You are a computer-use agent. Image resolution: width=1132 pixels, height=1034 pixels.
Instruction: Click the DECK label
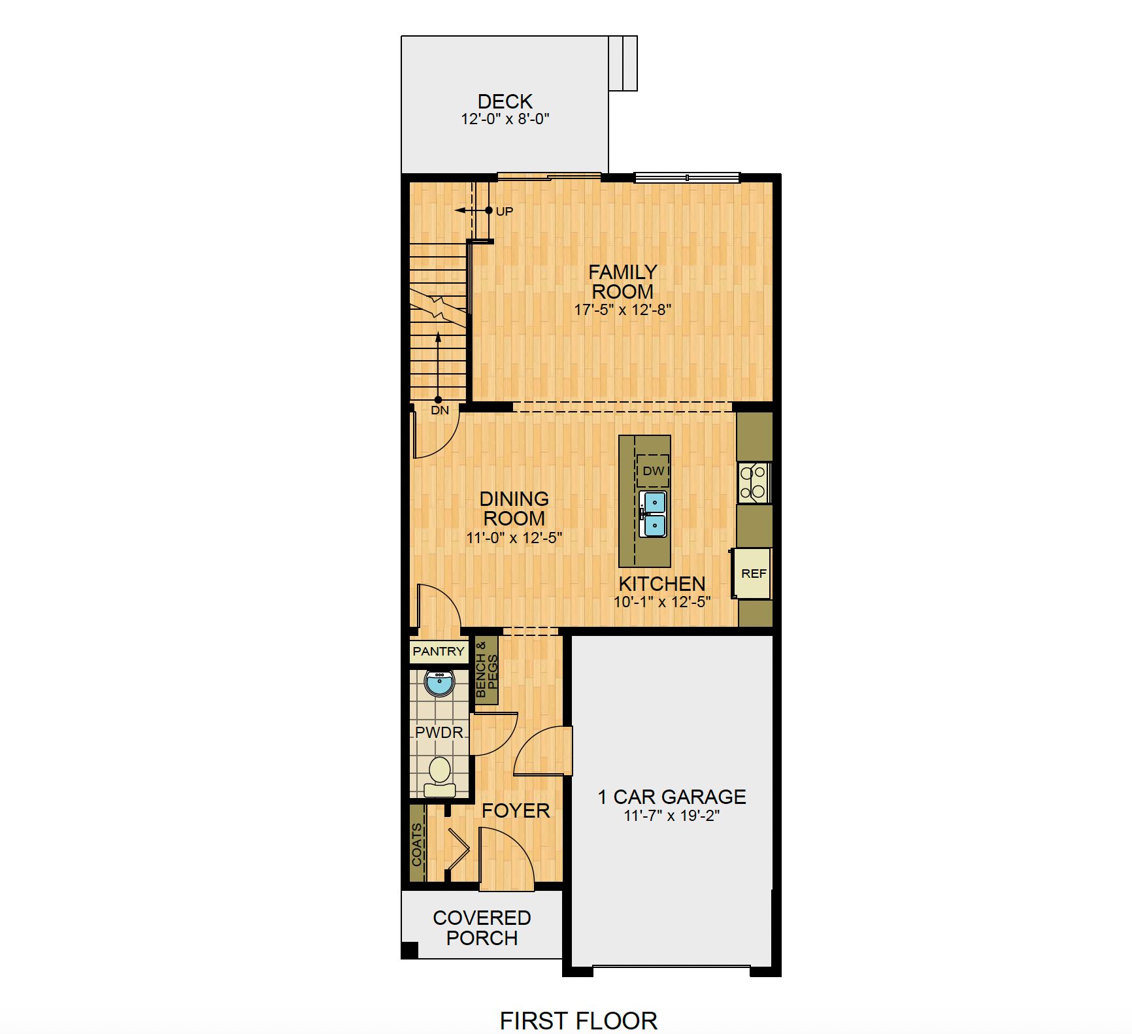tap(505, 101)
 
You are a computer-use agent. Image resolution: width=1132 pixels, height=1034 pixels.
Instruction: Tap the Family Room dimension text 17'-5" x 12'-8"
tap(623, 310)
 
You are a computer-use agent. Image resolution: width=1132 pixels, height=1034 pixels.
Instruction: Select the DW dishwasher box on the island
tap(653, 471)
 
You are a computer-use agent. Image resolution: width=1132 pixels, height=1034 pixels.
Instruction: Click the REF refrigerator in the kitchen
tap(753, 573)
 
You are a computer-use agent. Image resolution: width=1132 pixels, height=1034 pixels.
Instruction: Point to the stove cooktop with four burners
tap(754, 483)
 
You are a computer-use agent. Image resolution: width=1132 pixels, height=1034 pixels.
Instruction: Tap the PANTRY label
tap(439, 651)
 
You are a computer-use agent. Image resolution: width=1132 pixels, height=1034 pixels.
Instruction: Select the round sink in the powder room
tap(440, 684)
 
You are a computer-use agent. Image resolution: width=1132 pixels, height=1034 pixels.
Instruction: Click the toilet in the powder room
tap(440, 776)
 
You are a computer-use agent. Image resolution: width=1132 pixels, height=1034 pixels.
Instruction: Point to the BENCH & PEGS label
tap(486, 669)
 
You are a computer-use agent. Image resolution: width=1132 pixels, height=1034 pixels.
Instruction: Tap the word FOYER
tap(516, 810)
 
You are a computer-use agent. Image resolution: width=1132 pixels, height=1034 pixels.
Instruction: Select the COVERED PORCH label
tap(482, 927)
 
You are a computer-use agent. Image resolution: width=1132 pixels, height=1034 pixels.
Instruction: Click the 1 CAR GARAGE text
tap(672, 797)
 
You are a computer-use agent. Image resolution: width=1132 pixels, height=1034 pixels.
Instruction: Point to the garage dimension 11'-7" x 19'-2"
tap(672, 816)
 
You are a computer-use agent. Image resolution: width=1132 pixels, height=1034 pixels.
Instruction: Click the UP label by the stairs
tap(505, 211)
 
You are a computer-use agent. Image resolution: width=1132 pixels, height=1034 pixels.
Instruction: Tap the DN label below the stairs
tap(440, 410)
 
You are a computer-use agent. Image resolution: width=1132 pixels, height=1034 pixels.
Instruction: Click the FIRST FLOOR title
tap(578, 1020)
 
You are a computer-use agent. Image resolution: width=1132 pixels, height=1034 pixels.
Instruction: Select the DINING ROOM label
tap(514, 509)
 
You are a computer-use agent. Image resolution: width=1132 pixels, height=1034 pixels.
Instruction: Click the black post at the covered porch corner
tap(409, 950)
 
